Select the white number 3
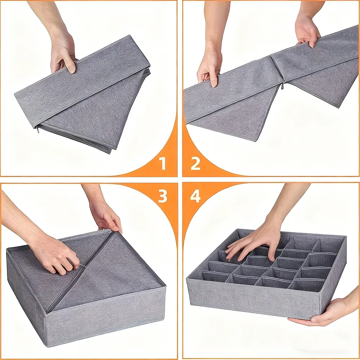click(x=163, y=196)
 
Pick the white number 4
click(x=195, y=196)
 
